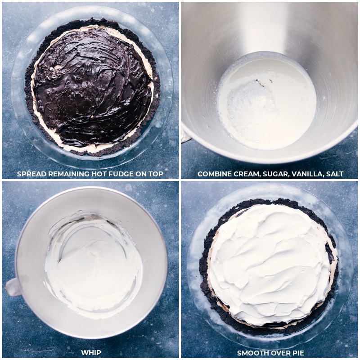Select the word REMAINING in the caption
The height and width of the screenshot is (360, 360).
(69, 174)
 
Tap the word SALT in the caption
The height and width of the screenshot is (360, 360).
(334, 174)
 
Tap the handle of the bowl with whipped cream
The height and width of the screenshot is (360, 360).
(13, 287)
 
